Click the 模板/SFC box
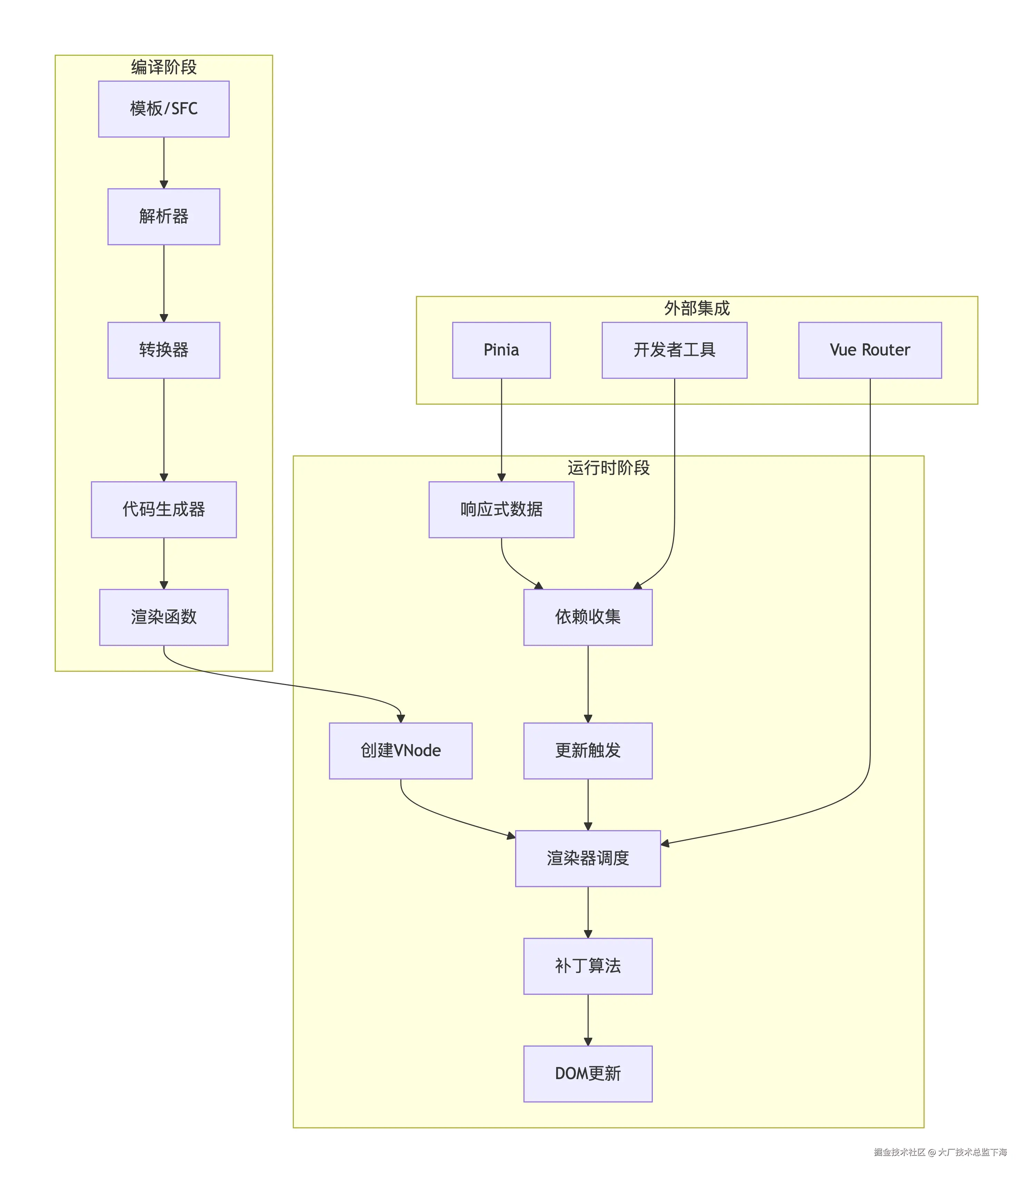pyautogui.click(x=164, y=109)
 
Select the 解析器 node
pyautogui.click(x=164, y=217)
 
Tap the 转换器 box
pyautogui.click(x=164, y=350)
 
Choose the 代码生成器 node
pyautogui.click(x=164, y=510)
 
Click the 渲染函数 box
pyautogui.click(x=164, y=617)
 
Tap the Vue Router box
pyautogui.click(x=869, y=350)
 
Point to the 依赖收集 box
pyautogui.click(x=588, y=617)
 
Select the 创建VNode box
pyautogui.click(x=401, y=751)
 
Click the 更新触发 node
pyautogui.click(x=588, y=751)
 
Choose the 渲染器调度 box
pyautogui.click(x=588, y=858)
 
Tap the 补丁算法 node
pyautogui.click(x=588, y=966)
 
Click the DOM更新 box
pyautogui.click(x=588, y=1074)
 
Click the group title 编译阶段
pyautogui.click(x=164, y=67)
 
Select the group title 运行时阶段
pyautogui.click(x=608, y=468)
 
